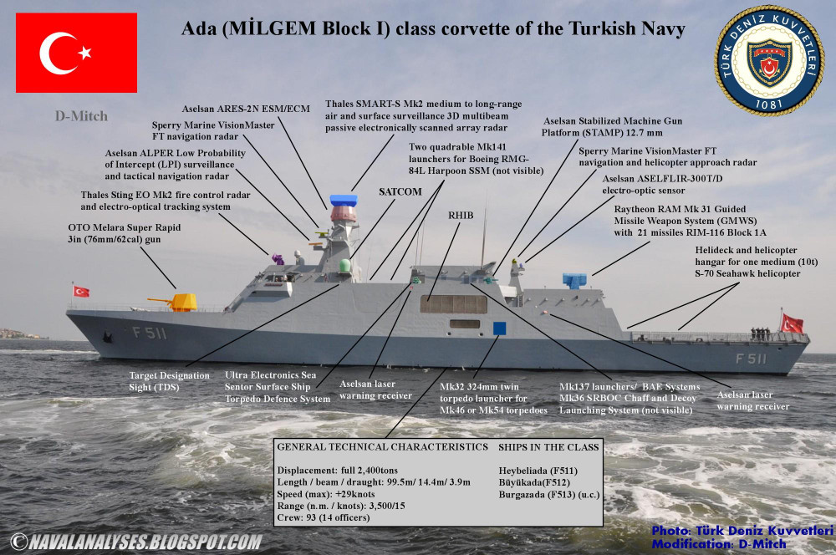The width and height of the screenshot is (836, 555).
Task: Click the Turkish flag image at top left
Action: [76, 52]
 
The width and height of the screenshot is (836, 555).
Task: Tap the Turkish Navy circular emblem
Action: [769, 61]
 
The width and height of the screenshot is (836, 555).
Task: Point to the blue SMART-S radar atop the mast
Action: [344, 200]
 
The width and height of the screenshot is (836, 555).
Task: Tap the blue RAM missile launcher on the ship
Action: [574, 281]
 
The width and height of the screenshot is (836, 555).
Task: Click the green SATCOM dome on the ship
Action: [345, 267]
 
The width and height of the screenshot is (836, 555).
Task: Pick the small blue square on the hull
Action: [499, 328]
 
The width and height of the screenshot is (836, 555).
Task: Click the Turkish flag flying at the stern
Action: [791, 323]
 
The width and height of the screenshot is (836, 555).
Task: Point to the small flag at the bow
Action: [81, 291]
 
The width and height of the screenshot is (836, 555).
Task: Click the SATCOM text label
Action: [400, 191]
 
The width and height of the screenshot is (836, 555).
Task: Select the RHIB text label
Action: [461, 215]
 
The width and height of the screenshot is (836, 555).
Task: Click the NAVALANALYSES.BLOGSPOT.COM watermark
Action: [134, 542]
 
